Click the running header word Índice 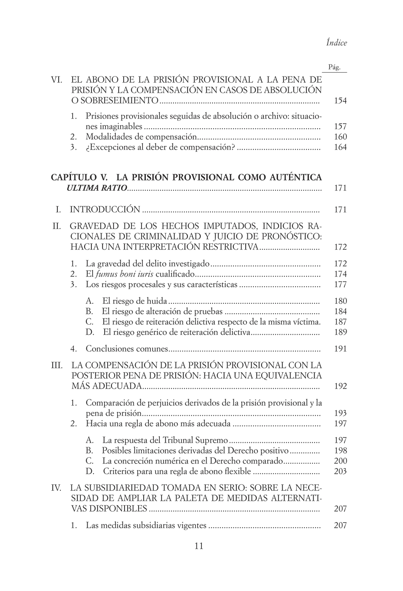336,42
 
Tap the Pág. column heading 335,67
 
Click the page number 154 340,101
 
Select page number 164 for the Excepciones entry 340,147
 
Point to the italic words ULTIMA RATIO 96,188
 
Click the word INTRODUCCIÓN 105,209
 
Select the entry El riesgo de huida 135,301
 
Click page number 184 340,311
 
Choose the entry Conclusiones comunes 127,349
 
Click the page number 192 340,386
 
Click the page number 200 340,461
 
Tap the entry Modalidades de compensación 141,137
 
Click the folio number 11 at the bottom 199,546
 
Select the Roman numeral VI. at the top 57,79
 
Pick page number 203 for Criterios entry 340,471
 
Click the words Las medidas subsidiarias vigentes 146,526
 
